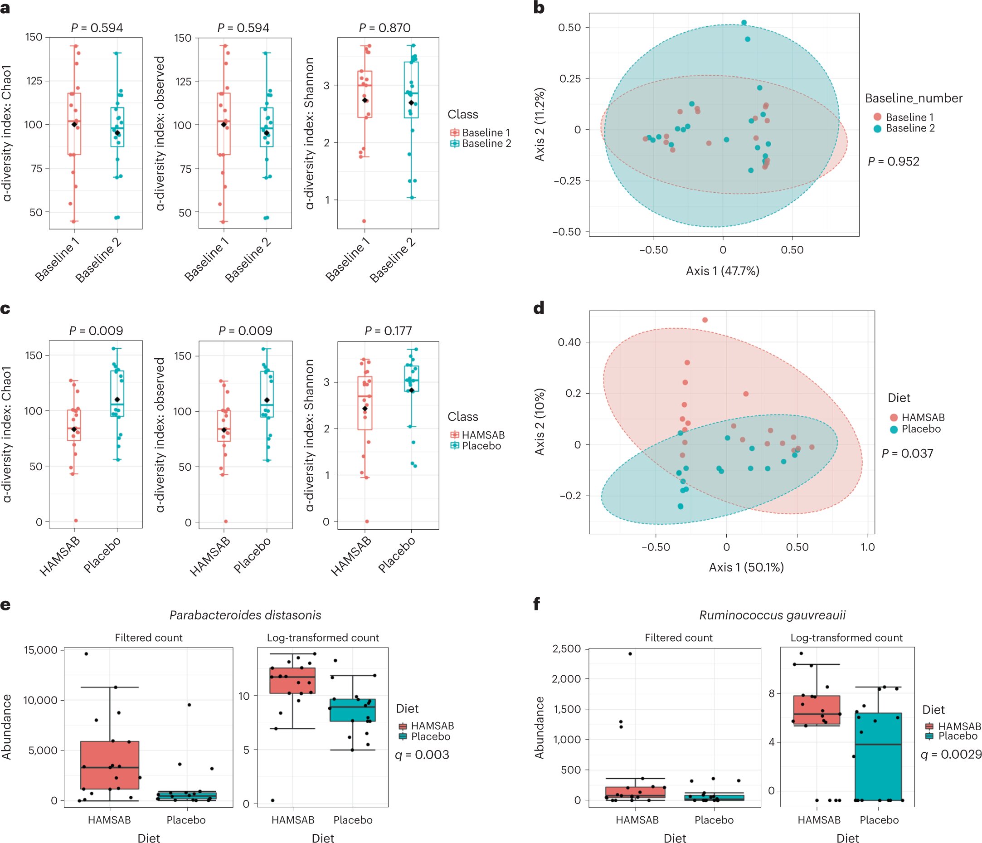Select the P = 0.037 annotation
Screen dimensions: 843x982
tap(907, 454)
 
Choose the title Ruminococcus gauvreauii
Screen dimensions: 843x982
tap(772, 615)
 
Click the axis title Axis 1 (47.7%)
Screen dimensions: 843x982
tap(722, 271)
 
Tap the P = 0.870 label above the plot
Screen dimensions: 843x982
tap(384, 28)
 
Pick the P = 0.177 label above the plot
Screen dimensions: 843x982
tap(388, 331)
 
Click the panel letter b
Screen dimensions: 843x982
tap(539, 8)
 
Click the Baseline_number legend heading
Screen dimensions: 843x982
tap(913, 98)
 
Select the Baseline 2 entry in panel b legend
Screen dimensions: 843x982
tap(910, 128)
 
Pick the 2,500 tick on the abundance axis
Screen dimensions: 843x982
tap(566, 649)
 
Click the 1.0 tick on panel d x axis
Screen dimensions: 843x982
tap(867, 547)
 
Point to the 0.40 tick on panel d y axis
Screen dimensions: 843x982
tap(569, 342)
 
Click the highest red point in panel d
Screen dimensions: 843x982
tap(705, 320)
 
